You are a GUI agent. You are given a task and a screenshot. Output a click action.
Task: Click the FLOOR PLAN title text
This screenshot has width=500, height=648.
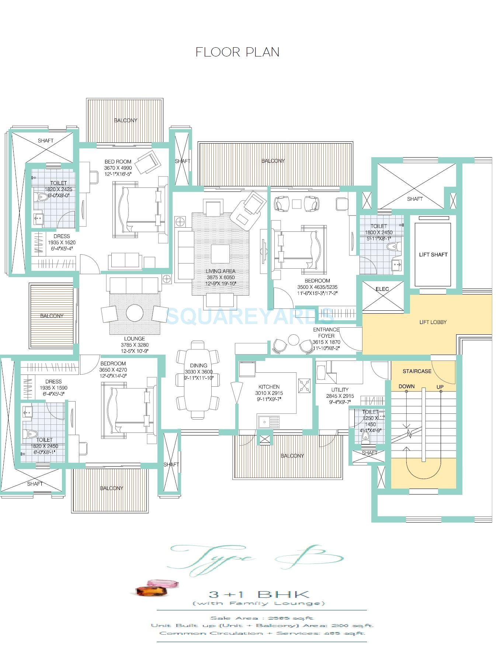237,52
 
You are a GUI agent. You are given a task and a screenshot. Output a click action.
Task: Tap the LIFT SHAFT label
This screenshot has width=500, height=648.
433,255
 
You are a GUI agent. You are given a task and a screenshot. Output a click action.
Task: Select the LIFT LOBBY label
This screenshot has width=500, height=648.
433,322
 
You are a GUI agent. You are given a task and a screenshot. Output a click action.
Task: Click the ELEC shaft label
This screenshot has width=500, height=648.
382,289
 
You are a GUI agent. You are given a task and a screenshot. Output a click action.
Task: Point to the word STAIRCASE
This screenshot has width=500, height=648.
417,371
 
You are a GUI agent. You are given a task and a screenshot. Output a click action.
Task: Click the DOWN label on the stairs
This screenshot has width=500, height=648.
406,386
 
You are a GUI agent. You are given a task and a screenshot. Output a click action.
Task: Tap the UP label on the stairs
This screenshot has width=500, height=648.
440,387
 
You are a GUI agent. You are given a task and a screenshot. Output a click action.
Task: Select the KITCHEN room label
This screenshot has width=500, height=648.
269,387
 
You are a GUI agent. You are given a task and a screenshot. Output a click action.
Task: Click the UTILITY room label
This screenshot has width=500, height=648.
340,390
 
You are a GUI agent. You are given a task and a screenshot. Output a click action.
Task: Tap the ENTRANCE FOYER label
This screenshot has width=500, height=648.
326,332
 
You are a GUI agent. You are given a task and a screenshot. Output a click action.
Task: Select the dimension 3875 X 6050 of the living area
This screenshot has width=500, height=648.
221,278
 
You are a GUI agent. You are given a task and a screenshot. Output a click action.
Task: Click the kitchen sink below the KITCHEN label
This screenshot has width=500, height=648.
268,421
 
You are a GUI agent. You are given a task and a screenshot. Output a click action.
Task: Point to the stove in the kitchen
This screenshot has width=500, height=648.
305,386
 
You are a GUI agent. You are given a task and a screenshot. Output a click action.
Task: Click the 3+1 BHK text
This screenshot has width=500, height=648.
259,594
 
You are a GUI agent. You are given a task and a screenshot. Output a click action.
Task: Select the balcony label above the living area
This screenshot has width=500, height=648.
273,161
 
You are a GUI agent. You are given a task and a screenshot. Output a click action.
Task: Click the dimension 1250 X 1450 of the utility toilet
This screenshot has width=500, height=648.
370,421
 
